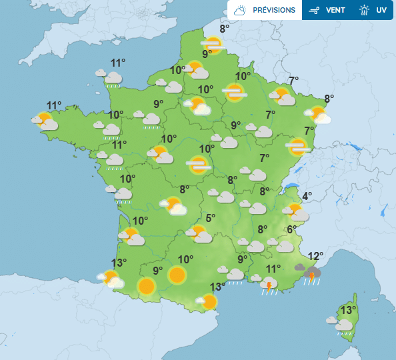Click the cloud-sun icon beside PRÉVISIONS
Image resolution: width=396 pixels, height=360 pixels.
click(x=240, y=10)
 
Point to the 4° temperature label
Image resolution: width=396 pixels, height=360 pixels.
click(x=307, y=196)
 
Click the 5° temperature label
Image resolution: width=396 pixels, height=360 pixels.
click(x=210, y=218)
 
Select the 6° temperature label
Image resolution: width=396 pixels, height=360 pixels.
click(x=291, y=230)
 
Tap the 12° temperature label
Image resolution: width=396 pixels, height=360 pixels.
click(x=315, y=255)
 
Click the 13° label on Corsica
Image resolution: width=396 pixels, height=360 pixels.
click(x=347, y=310)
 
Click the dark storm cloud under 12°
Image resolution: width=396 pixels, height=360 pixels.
click(x=311, y=273)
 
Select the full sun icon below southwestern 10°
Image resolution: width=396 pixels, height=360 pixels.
click(x=177, y=275)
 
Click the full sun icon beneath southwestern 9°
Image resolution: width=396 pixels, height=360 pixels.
click(x=147, y=287)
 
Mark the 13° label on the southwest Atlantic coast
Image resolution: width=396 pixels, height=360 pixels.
click(x=119, y=263)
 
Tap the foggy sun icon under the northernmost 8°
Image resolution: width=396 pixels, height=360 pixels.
click(x=213, y=45)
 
